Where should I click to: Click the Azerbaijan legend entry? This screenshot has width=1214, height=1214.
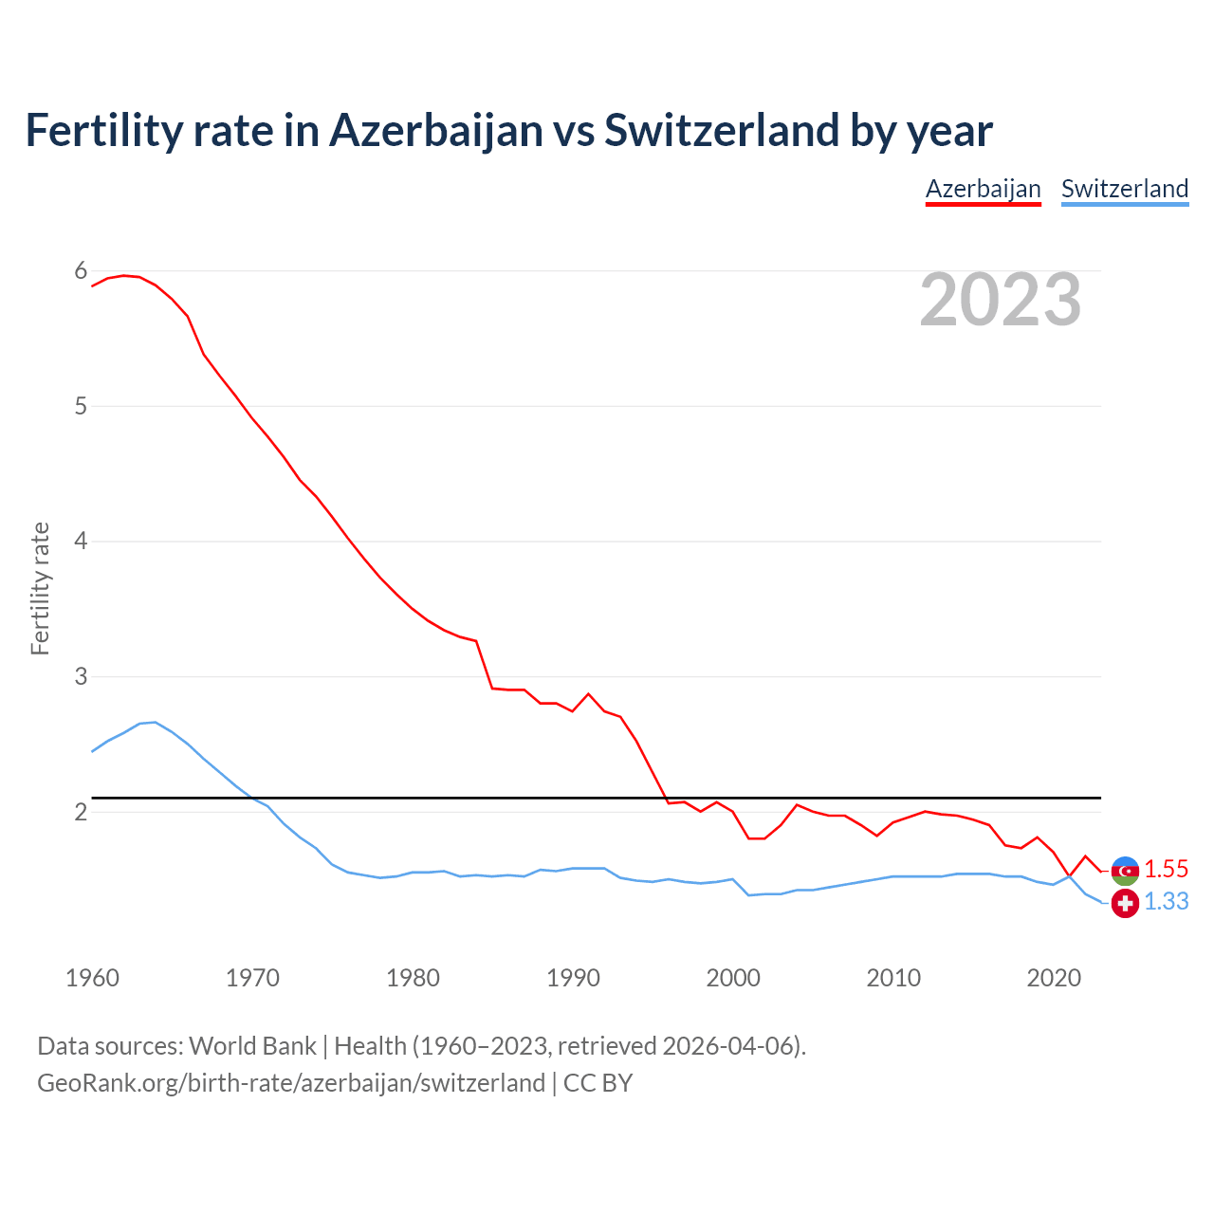click(x=983, y=189)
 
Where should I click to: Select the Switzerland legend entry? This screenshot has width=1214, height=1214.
click(x=1124, y=189)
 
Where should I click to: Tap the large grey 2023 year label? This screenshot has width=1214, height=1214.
click(x=1001, y=300)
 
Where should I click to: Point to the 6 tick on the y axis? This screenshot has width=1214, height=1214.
click(x=81, y=271)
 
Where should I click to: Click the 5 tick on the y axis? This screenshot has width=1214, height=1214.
click(x=81, y=407)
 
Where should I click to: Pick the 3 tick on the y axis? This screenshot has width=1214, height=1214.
click(x=81, y=677)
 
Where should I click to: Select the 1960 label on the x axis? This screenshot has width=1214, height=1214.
click(x=92, y=978)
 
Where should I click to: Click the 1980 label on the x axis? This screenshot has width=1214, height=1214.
click(x=413, y=978)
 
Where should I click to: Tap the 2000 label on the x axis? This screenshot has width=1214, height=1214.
click(x=733, y=978)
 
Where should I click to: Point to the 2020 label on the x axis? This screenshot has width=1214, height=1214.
click(x=1054, y=978)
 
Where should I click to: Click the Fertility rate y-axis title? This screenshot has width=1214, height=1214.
click(x=40, y=588)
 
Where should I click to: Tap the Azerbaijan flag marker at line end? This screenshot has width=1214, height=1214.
click(x=1125, y=871)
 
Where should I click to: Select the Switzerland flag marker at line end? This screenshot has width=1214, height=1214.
click(x=1125, y=904)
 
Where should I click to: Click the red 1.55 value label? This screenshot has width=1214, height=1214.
click(x=1166, y=869)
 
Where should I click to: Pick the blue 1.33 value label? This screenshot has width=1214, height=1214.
click(x=1166, y=901)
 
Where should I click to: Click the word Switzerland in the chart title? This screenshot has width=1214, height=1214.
click(x=722, y=131)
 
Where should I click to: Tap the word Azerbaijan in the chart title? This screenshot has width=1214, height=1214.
click(x=436, y=131)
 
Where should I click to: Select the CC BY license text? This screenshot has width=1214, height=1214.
click(x=598, y=1083)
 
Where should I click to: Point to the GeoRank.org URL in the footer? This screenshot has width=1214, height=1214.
click(x=290, y=1083)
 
